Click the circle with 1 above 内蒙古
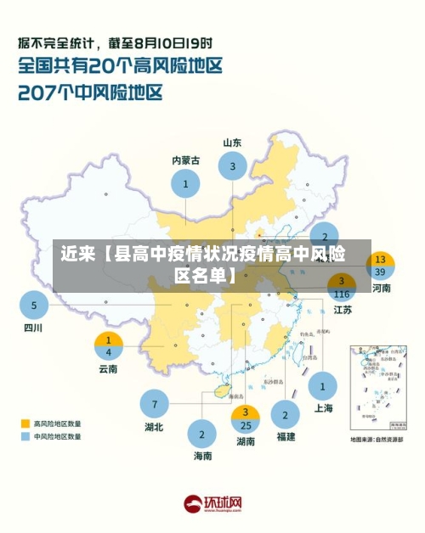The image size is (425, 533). tap(185, 183)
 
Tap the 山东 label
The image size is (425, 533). tap(232, 143)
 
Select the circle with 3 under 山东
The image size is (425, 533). tap(232, 167)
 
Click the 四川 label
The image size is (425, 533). tap(32, 328)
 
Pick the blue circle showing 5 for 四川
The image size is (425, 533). tap(34, 304)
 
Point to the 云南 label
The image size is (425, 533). tap(108, 368)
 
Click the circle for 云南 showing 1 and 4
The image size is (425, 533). tap(108, 345)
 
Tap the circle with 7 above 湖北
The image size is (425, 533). tap(154, 403)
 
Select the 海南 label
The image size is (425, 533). tap(202, 456)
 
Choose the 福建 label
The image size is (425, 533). tap(286, 436)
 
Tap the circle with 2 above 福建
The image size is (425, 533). tap(286, 414)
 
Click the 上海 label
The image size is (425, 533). tap(323, 407)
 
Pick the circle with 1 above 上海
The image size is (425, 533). tap(322, 386)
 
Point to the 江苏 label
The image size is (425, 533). tap(343, 310)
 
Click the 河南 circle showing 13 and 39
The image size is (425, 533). tap(380, 266)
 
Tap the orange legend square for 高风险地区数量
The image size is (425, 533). tap(25, 422)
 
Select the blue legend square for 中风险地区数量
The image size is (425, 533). tap(25, 436)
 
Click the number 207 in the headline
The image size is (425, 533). tap(39, 92)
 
